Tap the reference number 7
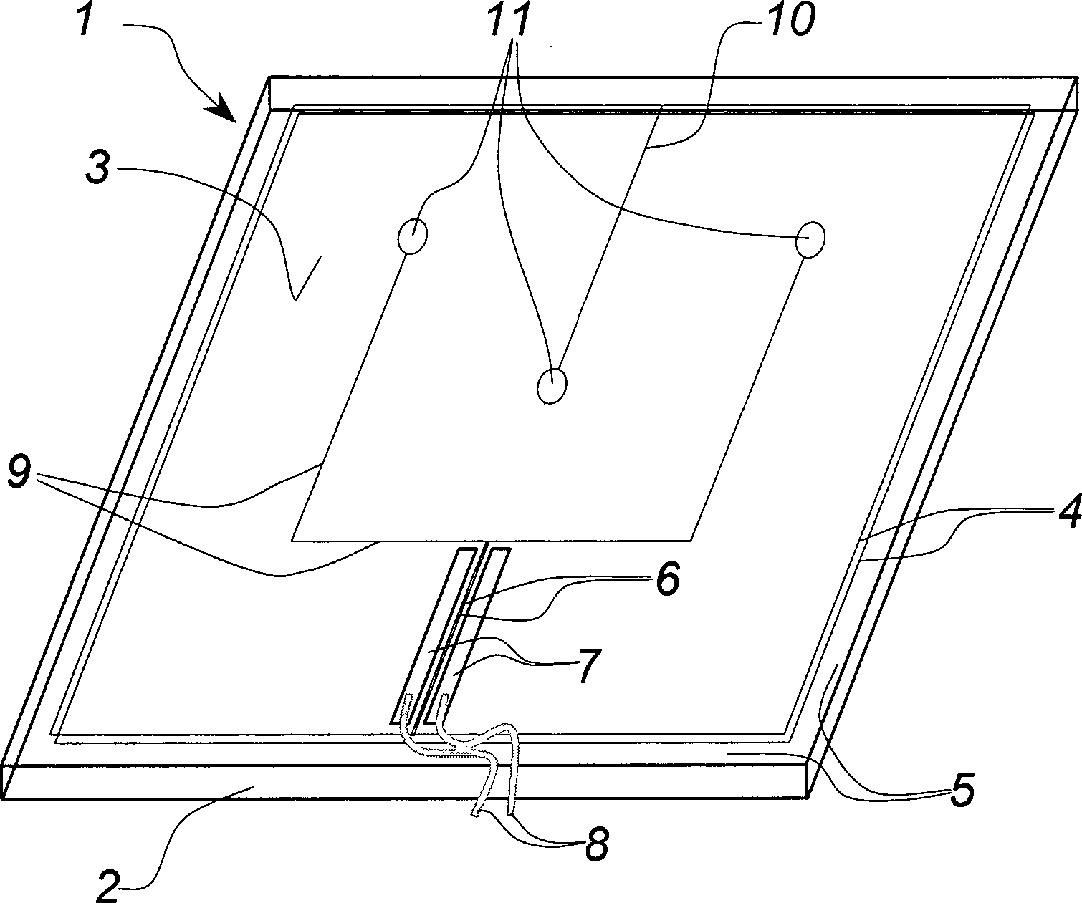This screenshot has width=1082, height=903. point(589,668)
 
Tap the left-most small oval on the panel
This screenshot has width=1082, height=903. point(412,237)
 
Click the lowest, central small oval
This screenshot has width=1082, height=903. point(552,386)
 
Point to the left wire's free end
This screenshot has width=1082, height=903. point(476,811)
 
